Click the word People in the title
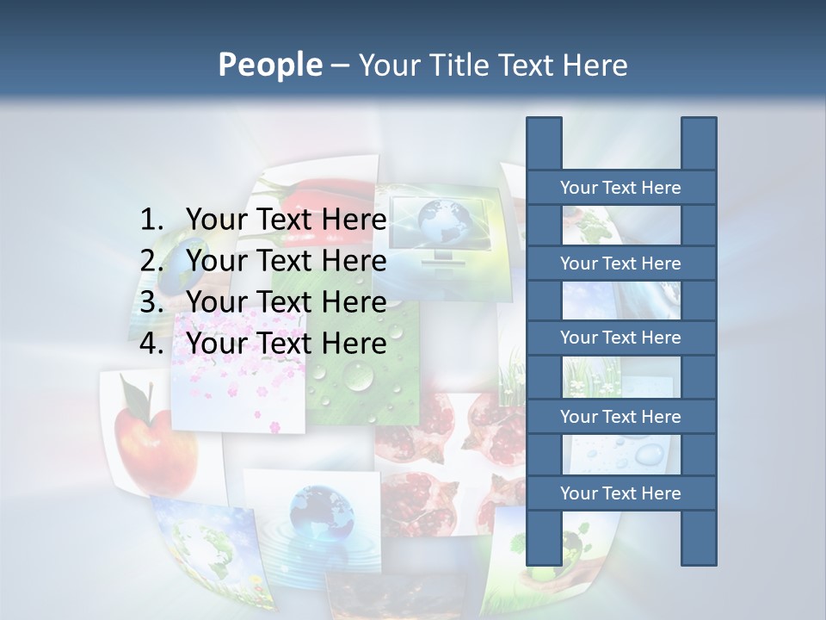click(269, 65)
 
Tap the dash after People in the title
click(340, 65)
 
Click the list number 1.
click(151, 220)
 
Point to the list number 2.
click(151, 261)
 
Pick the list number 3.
click(151, 302)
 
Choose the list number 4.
click(151, 344)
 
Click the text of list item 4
click(287, 344)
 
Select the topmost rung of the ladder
click(620, 188)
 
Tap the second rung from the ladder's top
click(620, 263)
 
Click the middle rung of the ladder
click(620, 338)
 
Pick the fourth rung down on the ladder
click(620, 417)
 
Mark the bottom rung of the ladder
click(620, 493)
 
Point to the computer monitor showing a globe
click(447, 226)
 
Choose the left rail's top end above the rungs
click(544, 143)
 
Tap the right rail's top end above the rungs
click(699, 143)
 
